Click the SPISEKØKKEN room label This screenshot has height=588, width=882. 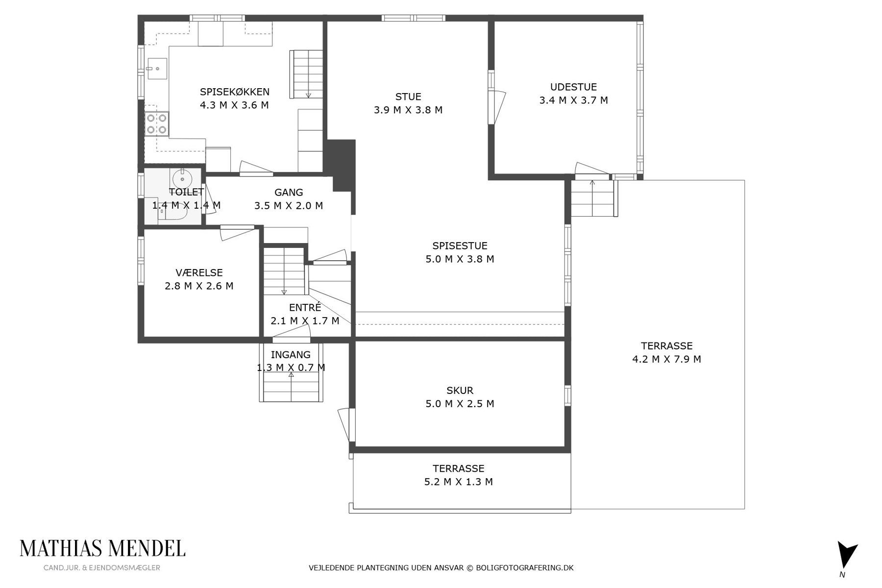pos(234,92)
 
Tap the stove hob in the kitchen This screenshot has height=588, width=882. pos(157,123)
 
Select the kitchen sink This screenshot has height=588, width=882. pos(156,69)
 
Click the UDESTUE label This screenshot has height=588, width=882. pos(573,87)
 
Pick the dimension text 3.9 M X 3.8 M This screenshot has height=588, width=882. pos(408,110)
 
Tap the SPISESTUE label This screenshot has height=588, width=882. pos(460,246)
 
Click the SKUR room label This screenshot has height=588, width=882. pos(460,391)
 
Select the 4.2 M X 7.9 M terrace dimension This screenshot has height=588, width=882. pos(666,359)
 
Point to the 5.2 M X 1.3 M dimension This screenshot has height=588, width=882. pos(459,482)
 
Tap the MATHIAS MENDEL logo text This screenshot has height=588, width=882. pos(102,549)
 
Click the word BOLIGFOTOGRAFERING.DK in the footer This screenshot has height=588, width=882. pos(525,568)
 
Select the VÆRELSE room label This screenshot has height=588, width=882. pos(199,273)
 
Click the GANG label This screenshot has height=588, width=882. pos(289,193)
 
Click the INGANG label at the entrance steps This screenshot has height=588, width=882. pos(291,355)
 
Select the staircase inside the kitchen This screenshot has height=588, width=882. pos(306,74)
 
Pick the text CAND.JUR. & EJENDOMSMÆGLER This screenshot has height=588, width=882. pos(102,568)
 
